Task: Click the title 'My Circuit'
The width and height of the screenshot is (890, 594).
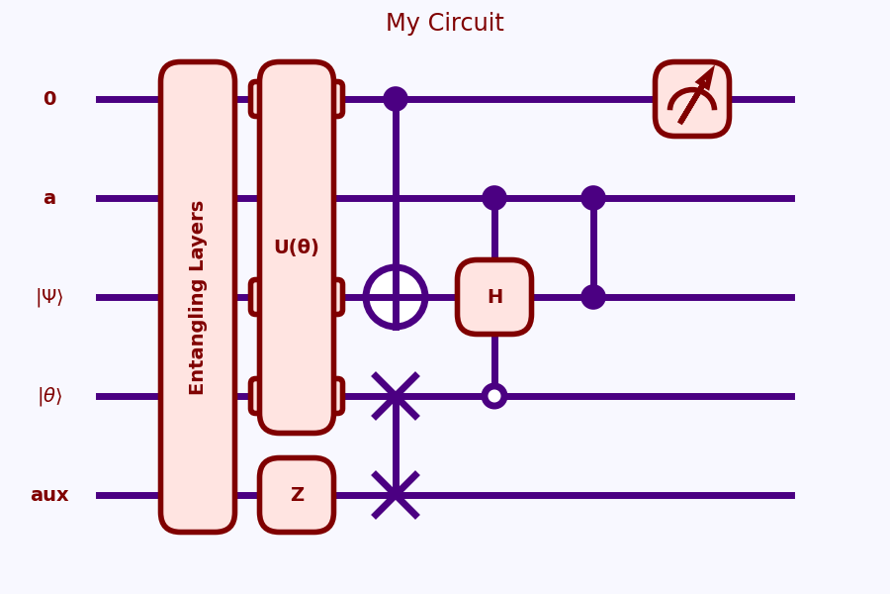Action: [444, 23]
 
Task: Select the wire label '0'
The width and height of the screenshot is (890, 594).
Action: [49, 99]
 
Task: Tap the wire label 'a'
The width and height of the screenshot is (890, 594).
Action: [49, 198]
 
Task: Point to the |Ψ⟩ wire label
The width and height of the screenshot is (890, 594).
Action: [49, 297]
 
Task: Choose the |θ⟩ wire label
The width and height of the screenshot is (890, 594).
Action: [49, 396]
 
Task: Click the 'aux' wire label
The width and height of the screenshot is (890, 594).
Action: [49, 495]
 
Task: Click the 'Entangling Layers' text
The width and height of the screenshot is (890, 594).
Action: [198, 297]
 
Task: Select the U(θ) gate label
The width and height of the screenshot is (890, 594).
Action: [297, 247]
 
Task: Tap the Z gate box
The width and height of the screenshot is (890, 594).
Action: [297, 495]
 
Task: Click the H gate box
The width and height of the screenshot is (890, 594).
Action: [494, 297]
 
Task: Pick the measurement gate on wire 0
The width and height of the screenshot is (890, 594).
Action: [692, 99]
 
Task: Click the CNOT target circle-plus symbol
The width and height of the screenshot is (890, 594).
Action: [396, 297]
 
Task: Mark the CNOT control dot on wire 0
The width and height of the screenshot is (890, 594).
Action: [396, 99]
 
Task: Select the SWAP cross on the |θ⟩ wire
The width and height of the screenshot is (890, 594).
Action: [396, 396]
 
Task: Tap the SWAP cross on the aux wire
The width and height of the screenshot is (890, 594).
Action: [396, 495]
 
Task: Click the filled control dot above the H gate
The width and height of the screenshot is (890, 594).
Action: [494, 198]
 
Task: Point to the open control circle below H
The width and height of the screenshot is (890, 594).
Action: [494, 396]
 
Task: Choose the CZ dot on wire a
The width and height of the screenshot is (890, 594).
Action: [593, 198]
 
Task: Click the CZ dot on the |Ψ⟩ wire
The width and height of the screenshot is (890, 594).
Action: [593, 297]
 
